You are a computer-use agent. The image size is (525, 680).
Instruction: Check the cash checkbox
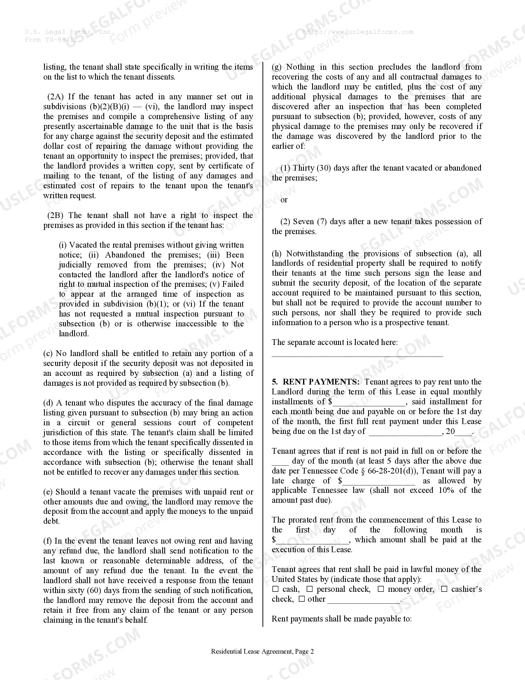(x=275, y=589)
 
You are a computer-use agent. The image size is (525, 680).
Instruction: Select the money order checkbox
(x=380, y=589)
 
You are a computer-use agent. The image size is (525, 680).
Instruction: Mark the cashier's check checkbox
(x=444, y=589)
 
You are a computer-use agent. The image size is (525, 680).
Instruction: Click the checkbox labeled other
(x=301, y=599)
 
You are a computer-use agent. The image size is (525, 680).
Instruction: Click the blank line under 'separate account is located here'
(x=357, y=354)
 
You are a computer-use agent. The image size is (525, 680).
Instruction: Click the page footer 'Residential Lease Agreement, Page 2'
(x=262, y=652)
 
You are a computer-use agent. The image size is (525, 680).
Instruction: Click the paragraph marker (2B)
(x=55, y=216)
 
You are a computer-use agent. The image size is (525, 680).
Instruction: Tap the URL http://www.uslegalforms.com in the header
(x=358, y=32)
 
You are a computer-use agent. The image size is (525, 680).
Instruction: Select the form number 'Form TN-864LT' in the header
(x=51, y=40)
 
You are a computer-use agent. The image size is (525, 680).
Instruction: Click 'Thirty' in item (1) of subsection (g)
(x=303, y=168)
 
